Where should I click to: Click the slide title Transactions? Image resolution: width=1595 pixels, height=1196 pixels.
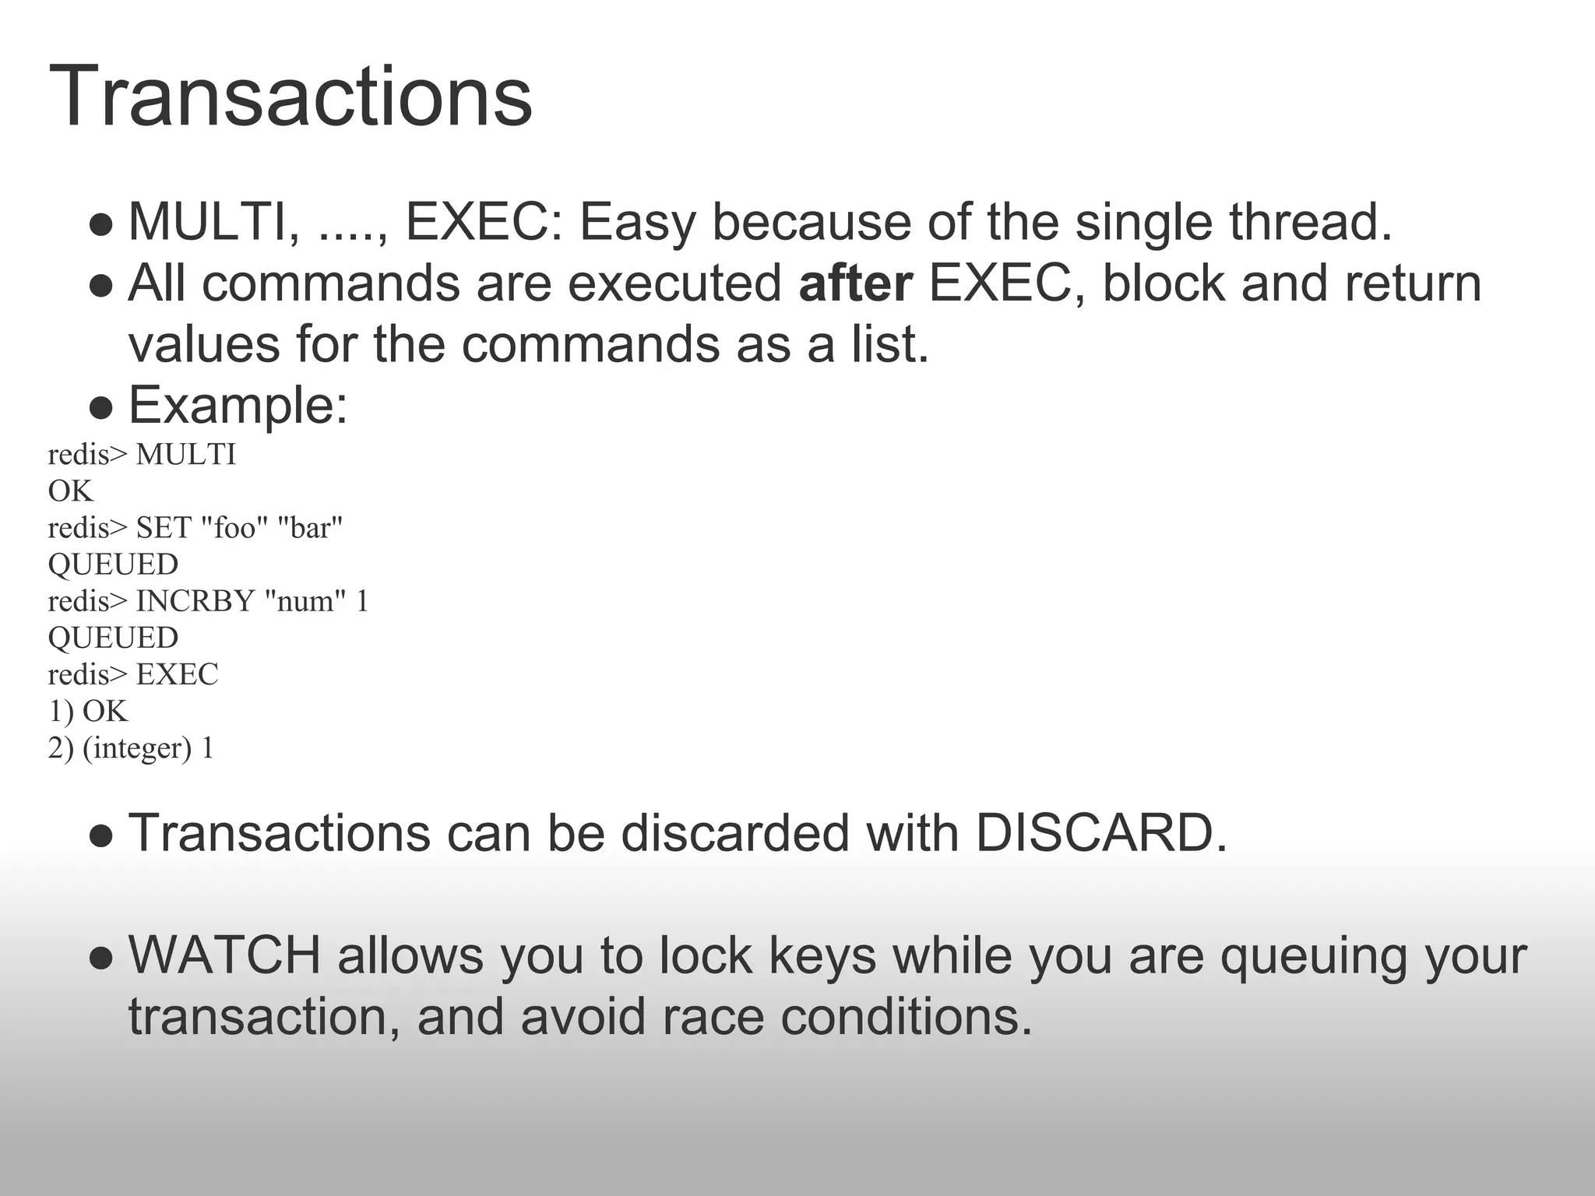coord(290,97)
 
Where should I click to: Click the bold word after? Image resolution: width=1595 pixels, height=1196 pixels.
coord(855,283)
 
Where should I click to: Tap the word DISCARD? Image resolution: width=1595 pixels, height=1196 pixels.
coord(1093,833)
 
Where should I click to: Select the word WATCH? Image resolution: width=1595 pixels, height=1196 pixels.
coord(224,956)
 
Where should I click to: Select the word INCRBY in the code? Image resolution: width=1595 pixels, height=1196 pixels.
coord(195,601)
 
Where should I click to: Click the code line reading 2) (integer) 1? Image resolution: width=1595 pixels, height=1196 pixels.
coord(131,747)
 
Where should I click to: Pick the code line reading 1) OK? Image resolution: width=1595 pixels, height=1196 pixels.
coord(87,711)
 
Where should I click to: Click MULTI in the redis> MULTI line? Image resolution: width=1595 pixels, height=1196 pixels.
coord(185,455)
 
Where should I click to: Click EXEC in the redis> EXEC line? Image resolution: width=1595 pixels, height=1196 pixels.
coord(177,674)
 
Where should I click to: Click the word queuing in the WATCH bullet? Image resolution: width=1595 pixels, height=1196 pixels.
coord(1313,956)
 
